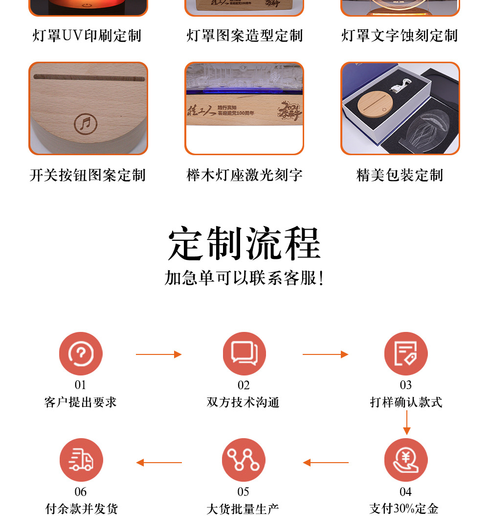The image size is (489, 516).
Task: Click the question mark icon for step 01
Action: click(81, 354)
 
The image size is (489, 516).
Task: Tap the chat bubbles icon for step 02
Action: click(244, 354)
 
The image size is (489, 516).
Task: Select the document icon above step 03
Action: click(406, 354)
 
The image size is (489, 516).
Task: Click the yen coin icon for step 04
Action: click(406, 460)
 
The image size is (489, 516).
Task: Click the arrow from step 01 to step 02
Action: click(158, 354)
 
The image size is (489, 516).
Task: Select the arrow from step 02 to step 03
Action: click(325, 354)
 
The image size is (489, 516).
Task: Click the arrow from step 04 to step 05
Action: click(325, 463)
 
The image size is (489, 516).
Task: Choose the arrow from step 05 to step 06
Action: click(158, 463)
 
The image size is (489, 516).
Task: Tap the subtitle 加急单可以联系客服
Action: click(244, 278)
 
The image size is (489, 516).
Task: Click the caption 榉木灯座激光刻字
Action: click(244, 175)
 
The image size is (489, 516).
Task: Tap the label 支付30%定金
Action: click(404, 509)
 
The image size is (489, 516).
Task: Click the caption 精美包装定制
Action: click(400, 175)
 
